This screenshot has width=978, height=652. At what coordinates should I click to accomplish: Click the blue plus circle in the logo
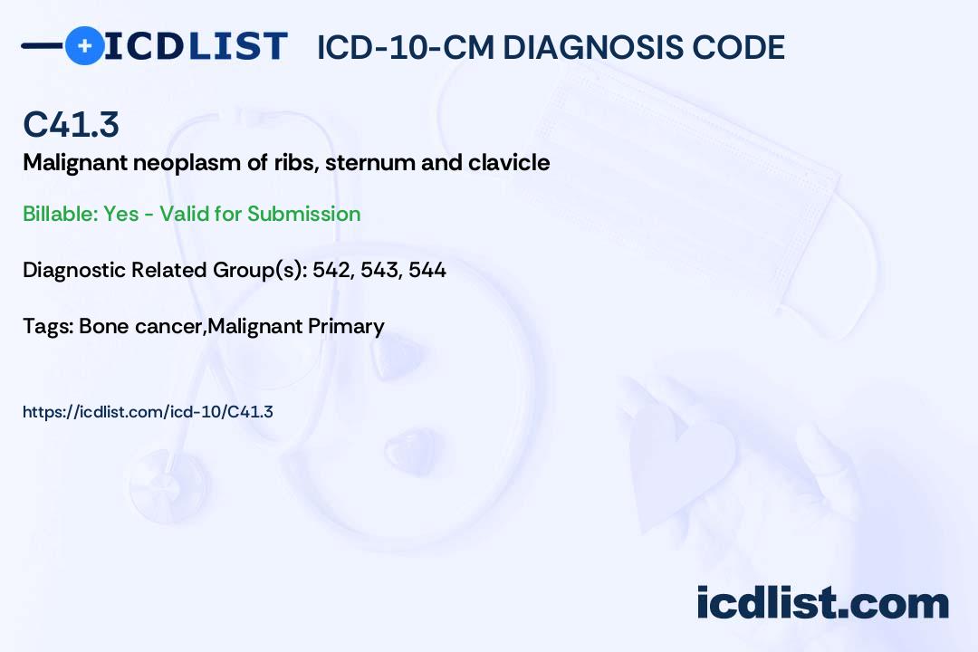pos(84,45)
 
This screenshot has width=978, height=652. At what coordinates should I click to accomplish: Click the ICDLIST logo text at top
pos(196,45)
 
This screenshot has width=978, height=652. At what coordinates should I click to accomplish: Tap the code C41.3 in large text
pos(71,125)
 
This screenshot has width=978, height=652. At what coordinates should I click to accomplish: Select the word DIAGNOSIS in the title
pos(590,47)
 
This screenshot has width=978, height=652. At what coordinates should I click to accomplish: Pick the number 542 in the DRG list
pos(331,270)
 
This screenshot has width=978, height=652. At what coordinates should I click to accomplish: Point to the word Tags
pos(46,326)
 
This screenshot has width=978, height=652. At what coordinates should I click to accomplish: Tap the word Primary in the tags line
pos(347,326)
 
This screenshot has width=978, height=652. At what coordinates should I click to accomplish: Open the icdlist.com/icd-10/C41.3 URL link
pos(148,412)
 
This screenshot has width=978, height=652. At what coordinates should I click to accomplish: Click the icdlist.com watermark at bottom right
pos(822,602)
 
